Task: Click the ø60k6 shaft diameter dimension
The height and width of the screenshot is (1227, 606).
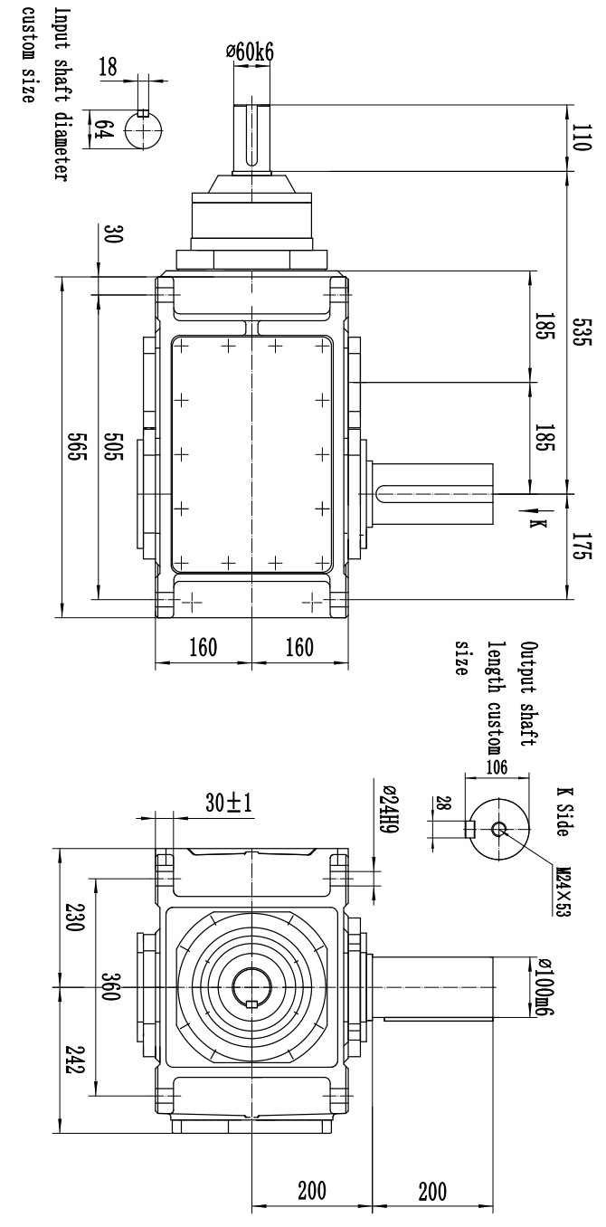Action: coord(250,52)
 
